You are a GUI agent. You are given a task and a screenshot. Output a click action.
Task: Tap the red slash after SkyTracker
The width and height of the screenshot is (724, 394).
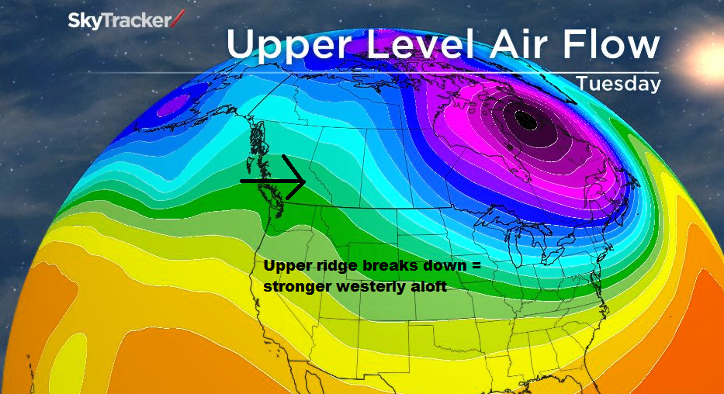tap(179, 17)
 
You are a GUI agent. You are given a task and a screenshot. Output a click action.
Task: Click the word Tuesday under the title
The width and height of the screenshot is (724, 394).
tap(618, 83)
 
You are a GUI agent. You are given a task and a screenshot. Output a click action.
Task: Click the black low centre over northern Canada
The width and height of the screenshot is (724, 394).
tap(525, 120)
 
